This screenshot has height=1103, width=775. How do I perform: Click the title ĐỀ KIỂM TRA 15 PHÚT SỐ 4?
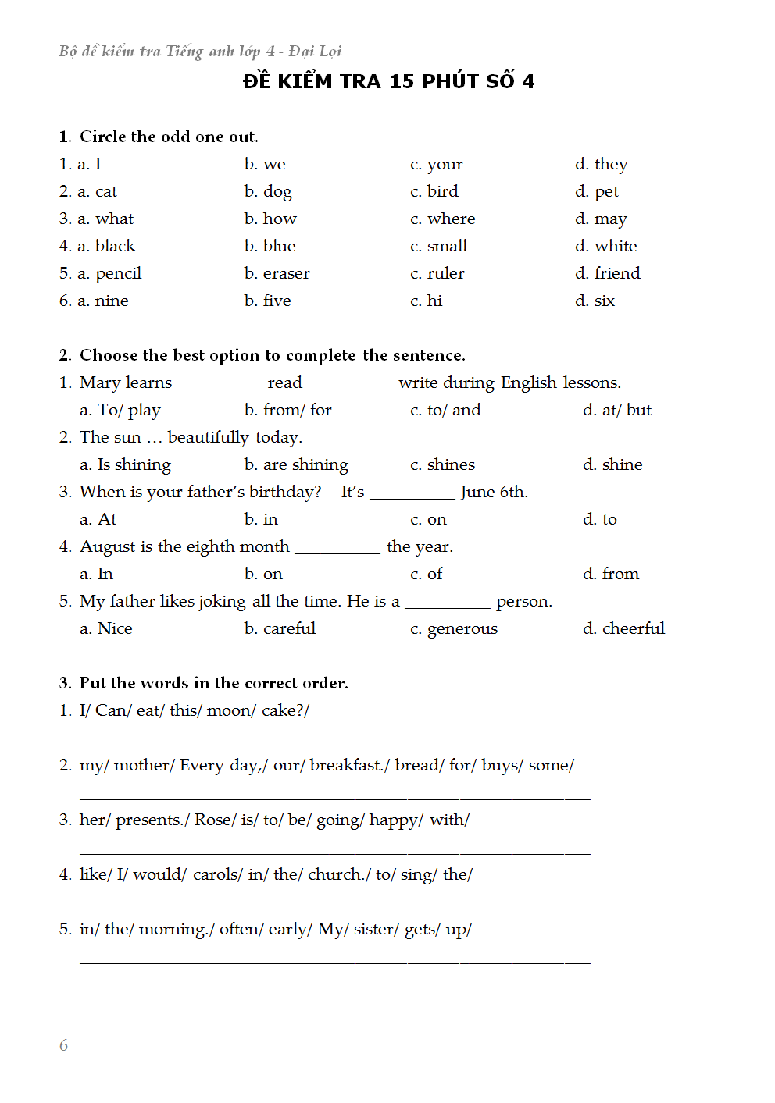[x=388, y=81]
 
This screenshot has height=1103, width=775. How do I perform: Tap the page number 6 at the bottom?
[x=63, y=1045]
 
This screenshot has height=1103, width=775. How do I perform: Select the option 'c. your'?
[x=436, y=165]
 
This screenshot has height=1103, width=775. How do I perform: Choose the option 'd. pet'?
[x=597, y=192]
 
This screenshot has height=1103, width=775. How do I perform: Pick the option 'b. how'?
[x=270, y=219]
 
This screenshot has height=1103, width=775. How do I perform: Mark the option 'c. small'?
[x=438, y=247]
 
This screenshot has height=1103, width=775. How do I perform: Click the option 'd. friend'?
[x=607, y=274]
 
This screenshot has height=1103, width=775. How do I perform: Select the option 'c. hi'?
[x=426, y=301]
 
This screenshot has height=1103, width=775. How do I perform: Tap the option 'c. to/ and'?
[x=445, y=411]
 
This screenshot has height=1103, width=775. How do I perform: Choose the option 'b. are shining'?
[x=295, y=465]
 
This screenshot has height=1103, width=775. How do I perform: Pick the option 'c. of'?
[x=426, y=575]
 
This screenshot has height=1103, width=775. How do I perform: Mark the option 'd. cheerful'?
[x=623, y=629]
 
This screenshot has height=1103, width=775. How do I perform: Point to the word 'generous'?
[x=462, y=629]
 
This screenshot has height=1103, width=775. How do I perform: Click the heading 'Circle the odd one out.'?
[x=169, y=137]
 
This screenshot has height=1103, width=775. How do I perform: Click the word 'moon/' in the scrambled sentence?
[x=231, y=711]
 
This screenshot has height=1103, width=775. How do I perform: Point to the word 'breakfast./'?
[x=349, y=766]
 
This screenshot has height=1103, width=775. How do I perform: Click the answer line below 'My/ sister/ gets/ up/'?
[x=334, y=962]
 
